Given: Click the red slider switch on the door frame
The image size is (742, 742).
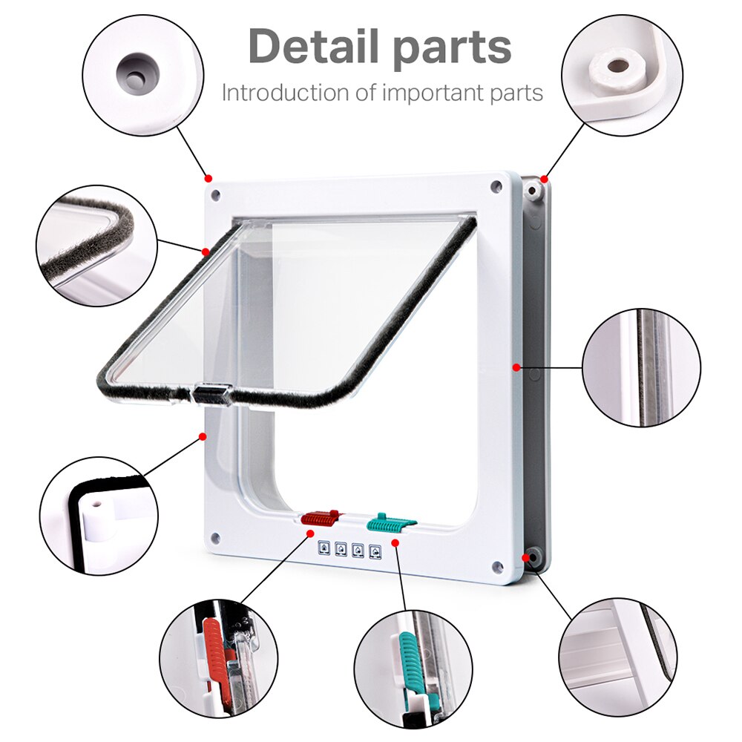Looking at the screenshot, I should point(321,517).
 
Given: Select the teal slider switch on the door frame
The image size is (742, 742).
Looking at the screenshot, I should point(390,522).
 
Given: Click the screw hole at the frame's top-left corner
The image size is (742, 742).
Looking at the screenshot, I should point(215,194).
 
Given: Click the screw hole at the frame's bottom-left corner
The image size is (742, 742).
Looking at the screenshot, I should point(214,537).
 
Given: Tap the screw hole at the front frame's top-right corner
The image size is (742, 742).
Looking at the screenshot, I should point(496,185).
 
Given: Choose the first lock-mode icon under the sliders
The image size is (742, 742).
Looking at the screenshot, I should point(324,550).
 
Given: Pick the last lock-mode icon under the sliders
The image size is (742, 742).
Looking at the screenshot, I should point(375,551).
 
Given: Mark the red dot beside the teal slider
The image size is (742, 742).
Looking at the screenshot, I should point(395,543).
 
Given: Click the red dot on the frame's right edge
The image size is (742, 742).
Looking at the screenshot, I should point(515,366).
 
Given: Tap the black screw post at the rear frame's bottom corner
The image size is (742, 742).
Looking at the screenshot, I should point(531,557).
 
